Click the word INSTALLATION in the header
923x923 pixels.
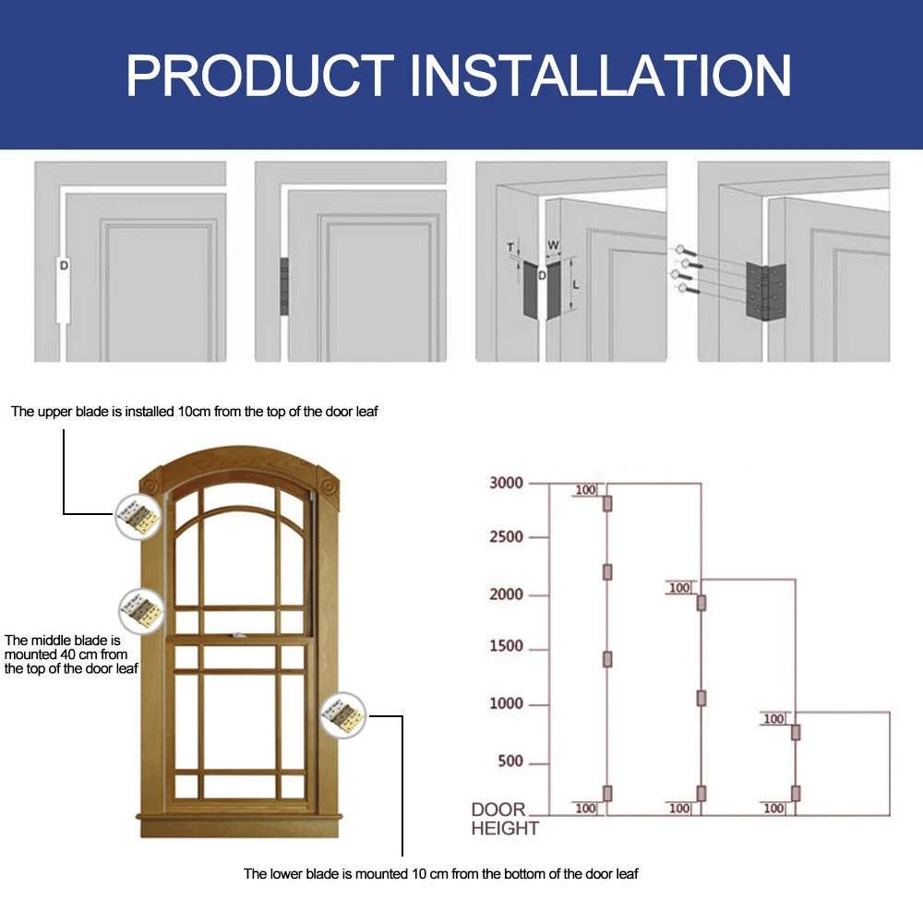coord(601,76)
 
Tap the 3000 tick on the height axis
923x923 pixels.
coord(507,483)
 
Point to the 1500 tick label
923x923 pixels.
coord(507,647)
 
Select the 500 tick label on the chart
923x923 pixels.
coord(510,761)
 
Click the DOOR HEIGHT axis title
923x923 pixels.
coord(504,819)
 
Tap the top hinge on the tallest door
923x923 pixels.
coord(608,503)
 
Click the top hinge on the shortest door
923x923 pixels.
coord(796,733)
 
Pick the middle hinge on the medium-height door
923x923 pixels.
coord(701,698)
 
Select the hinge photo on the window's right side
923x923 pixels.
coord(343,714)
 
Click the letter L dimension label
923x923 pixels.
coord(575,286)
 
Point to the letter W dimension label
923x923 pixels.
coord(553,246)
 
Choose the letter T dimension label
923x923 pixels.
coord(510,246)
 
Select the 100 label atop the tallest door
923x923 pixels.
coord(585,490)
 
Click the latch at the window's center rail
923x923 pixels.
coord(239,634)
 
